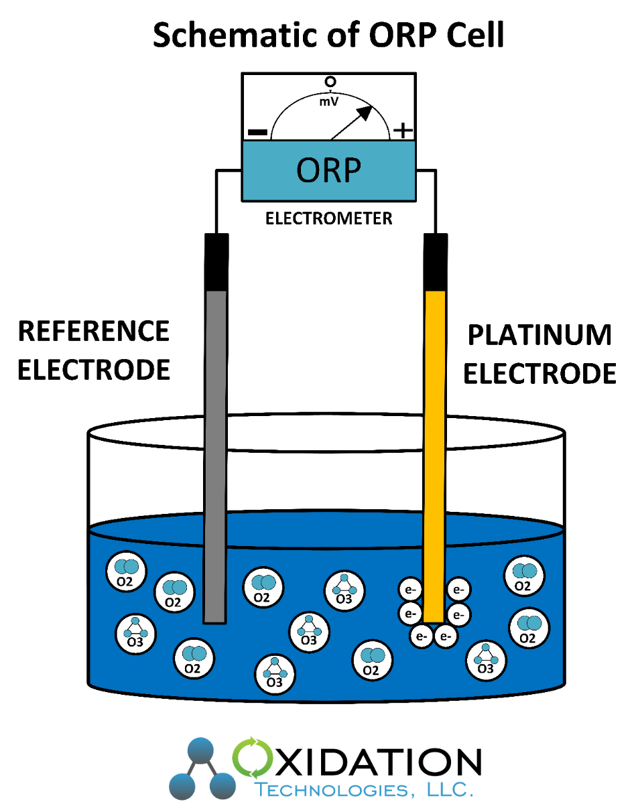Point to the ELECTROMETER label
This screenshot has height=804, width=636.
coord(328,218)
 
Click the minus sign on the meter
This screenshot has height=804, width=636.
coord(258,131)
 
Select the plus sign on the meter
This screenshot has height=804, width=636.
coord(402,130)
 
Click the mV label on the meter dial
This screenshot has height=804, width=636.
coord(328,103)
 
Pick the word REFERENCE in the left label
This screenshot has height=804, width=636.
coord(93,332)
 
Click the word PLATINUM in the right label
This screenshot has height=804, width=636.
coord(539,335)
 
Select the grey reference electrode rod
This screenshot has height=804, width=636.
coord(215,456)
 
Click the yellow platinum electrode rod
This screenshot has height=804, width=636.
coord(435,456)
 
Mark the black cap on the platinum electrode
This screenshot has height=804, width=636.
coord(435,262)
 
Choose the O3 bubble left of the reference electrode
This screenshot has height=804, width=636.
coord(135,632)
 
